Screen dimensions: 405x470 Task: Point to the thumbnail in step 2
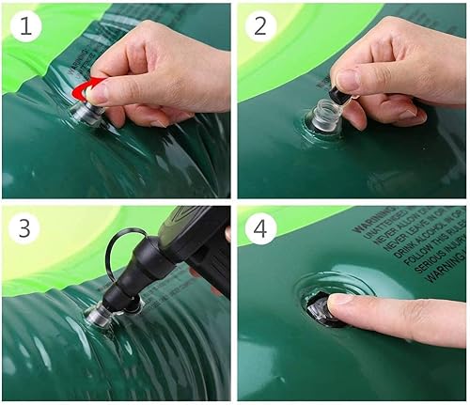tap(347, 80)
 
